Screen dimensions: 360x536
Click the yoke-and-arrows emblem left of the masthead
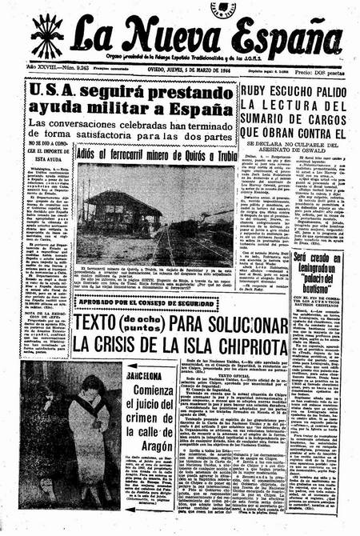pyautogui.click(x=47, y=35)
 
